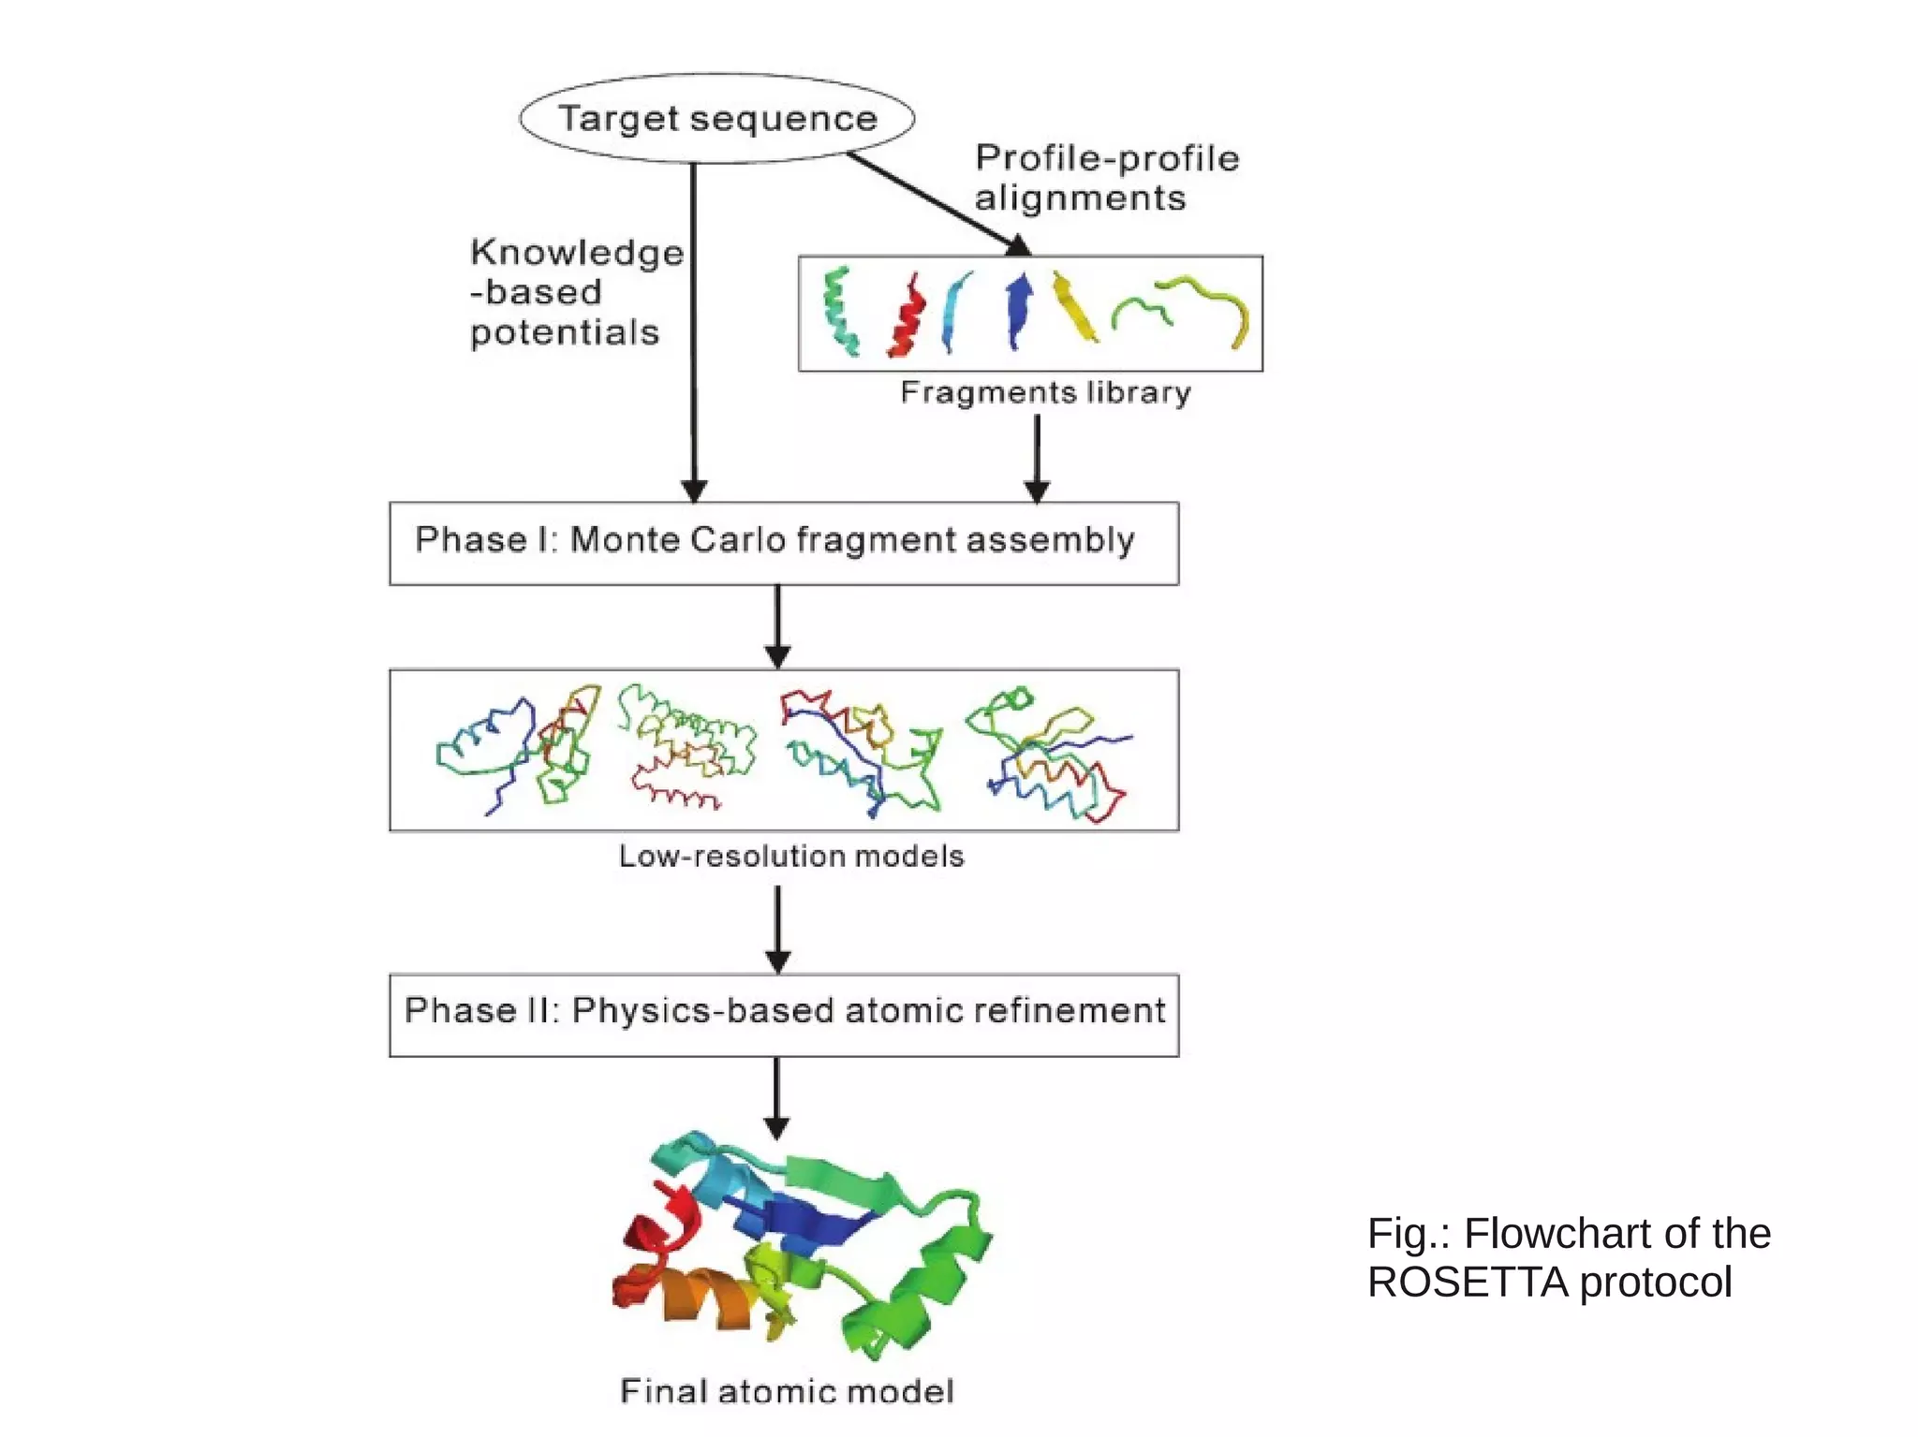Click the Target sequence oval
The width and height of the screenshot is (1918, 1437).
tap(716, 119)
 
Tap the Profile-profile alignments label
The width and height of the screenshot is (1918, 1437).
tap(1106, 178)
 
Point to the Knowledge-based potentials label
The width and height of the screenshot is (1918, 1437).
tap(576, 292)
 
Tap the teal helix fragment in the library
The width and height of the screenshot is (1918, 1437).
tap(839, 312)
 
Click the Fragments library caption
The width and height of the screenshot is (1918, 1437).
tap(1045, 392)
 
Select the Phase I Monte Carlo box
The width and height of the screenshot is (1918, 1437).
tap(784, 543)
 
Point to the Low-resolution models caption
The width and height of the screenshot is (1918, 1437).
tap(791, 856)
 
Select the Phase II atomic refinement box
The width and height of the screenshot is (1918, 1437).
tap(784, 1015)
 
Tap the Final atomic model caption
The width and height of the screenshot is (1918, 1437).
tap(787, 1391)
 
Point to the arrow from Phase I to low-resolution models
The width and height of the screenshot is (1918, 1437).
tap(777, 625)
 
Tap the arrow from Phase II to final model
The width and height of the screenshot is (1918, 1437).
tap(776, 1097)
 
